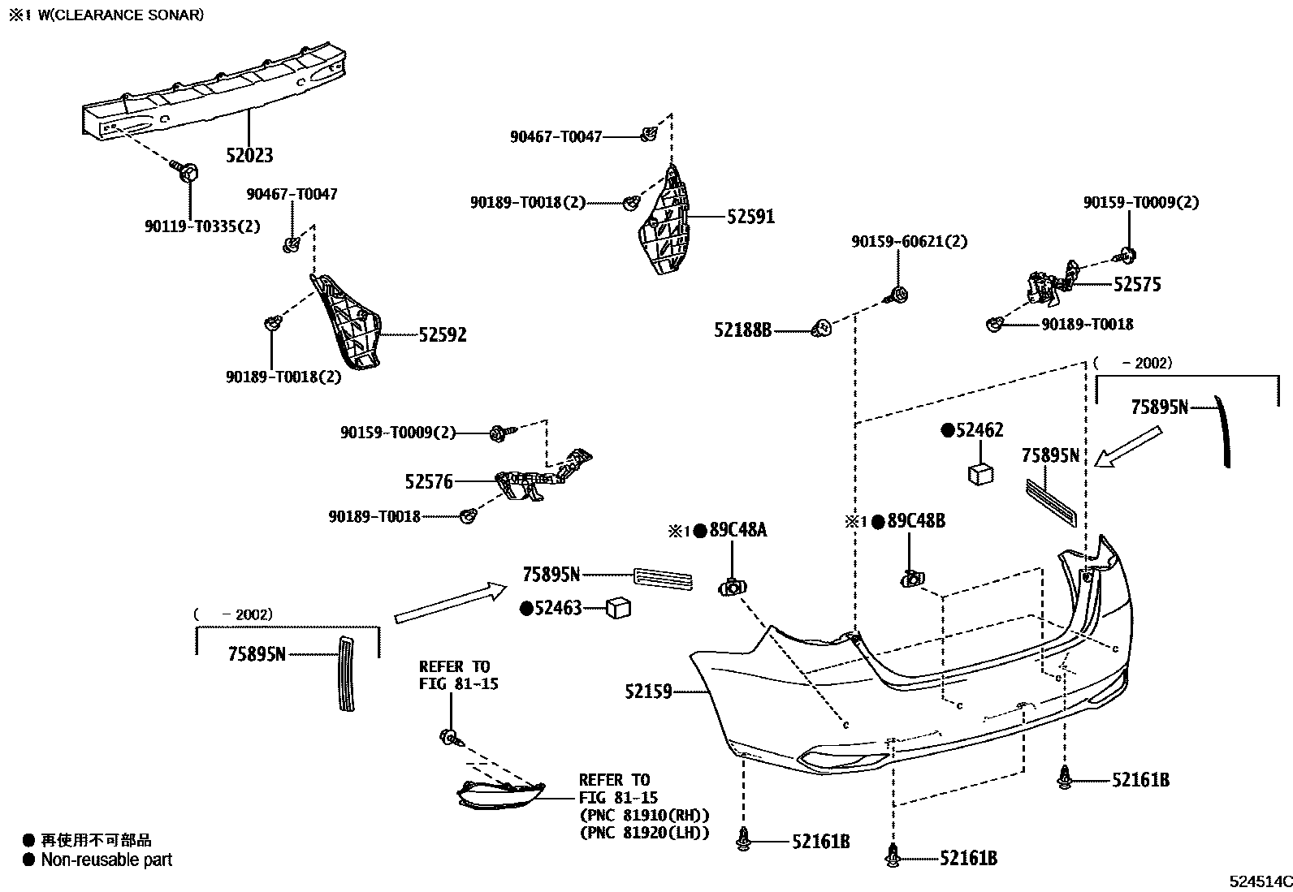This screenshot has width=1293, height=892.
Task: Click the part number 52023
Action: (249, 155)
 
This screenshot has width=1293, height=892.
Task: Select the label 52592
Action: (443, 334)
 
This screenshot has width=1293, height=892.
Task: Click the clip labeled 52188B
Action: (822, 329)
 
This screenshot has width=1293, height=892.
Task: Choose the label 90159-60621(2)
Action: (909, 242)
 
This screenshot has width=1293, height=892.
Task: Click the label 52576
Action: (429, 481)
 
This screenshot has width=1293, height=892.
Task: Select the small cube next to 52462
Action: (981, 472)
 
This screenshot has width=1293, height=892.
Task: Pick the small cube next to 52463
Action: (619, 607)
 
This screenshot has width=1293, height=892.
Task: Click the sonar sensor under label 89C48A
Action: (732, 588)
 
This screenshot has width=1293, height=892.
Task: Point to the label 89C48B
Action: (916, 521)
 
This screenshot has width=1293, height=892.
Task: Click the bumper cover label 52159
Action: (648, 692)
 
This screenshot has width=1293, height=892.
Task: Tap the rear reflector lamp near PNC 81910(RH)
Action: (499, 795)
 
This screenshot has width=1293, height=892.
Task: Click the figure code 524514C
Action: (1259, 881)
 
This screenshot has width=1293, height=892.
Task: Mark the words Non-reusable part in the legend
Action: (106, 860)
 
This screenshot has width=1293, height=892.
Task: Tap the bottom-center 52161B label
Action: (968, 858)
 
